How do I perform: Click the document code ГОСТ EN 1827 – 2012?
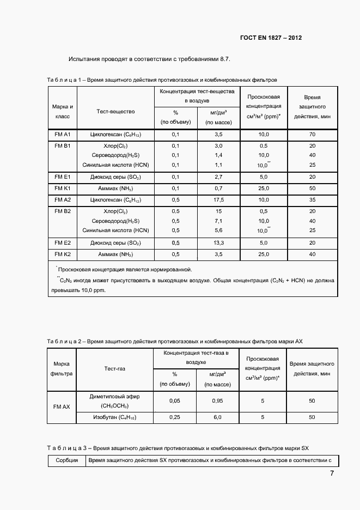coord(271,38)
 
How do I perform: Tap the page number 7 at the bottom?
coord(332,473)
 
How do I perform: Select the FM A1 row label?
coord(63,134)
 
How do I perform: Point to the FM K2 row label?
coord(63,254)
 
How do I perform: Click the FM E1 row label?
coord(63,177)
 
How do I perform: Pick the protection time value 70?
coord(312,134)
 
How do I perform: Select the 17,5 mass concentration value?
coord(218,200)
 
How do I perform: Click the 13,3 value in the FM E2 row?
coord(218,243)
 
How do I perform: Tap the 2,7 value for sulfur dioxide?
coord(218,177)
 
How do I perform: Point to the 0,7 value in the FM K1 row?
coord(218,189)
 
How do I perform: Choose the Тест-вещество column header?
coord(115,112)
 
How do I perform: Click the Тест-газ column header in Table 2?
coord(115,369)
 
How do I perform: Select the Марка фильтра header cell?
coord(62,369)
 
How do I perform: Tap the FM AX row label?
coord(62,406)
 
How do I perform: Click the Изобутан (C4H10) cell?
coord(114,417)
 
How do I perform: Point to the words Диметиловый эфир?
coord(114,397)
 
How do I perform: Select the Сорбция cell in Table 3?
coord(66,461)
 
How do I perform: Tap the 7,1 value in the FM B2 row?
coord(218,221)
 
